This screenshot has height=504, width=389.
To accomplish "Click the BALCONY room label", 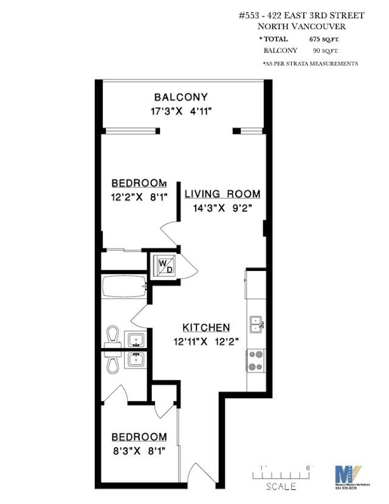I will tap(181, 97).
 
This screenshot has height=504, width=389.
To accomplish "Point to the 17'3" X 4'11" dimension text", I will tap(181, 111).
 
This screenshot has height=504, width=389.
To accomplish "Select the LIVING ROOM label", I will tap(222, 194).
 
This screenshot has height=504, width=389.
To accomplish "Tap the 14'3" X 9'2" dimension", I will tap(222, 208).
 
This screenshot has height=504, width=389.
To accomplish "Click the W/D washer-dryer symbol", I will tap(165, 266).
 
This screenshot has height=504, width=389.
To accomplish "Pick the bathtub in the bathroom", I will tap(125, 287).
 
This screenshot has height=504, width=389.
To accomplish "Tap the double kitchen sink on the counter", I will tap(256, 323).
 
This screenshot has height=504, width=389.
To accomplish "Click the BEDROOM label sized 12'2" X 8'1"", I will tap(139, 183).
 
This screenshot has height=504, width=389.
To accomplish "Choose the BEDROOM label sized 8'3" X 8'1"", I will tap(139, 436).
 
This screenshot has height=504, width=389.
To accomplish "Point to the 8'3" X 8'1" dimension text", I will tap(139, 451).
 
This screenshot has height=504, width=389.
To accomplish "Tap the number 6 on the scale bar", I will tap(309, 467).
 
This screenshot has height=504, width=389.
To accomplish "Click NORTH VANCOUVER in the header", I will tap(301, 26).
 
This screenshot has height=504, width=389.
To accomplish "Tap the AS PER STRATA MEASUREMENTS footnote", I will tap(310, 63).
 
